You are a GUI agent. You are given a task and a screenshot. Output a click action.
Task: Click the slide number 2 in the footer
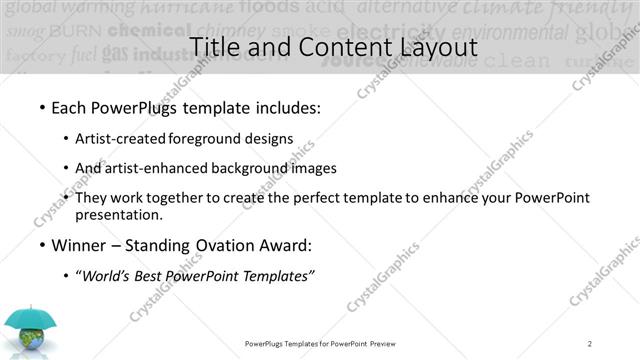pos(590,344)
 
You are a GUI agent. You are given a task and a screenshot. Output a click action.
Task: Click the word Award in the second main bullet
pos(280,245)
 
